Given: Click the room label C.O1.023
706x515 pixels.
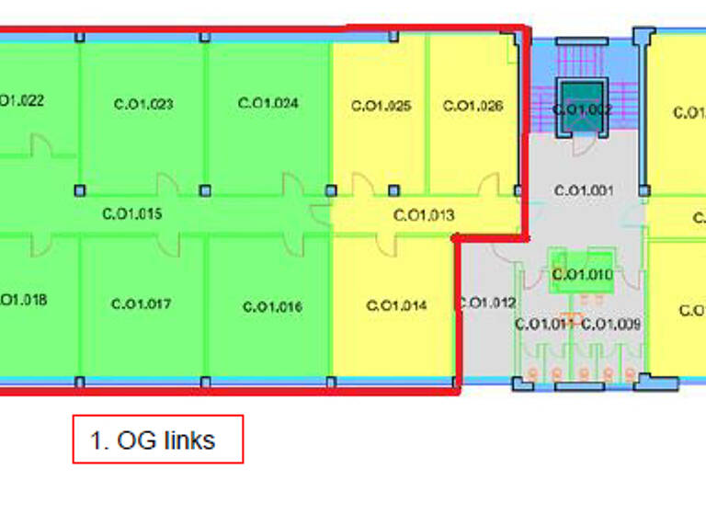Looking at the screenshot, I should pos(143,104).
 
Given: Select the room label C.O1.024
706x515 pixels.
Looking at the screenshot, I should pos(268,103).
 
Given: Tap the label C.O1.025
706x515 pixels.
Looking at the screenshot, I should pos(381,106).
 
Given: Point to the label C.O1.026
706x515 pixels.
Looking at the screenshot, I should pos(473,106).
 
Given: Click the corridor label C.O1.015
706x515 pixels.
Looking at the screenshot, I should pos(131,215).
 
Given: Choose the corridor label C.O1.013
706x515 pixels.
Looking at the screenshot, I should pos(424,216).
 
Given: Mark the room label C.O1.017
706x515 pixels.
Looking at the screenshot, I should pos(141,303).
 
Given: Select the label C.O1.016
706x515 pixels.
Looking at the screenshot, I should pos(272,307).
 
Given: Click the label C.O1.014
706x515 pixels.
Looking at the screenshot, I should pos(396,305).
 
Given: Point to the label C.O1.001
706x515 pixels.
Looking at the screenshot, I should pos(583,190).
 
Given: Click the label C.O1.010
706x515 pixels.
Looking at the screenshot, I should pos(582,275).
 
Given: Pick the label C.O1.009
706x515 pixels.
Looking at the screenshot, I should pos(611,324).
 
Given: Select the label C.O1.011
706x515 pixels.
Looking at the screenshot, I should pos(544,324).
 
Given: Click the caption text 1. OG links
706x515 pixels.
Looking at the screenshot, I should pos(153,441).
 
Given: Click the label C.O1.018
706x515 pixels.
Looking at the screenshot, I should pos(22,300).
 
